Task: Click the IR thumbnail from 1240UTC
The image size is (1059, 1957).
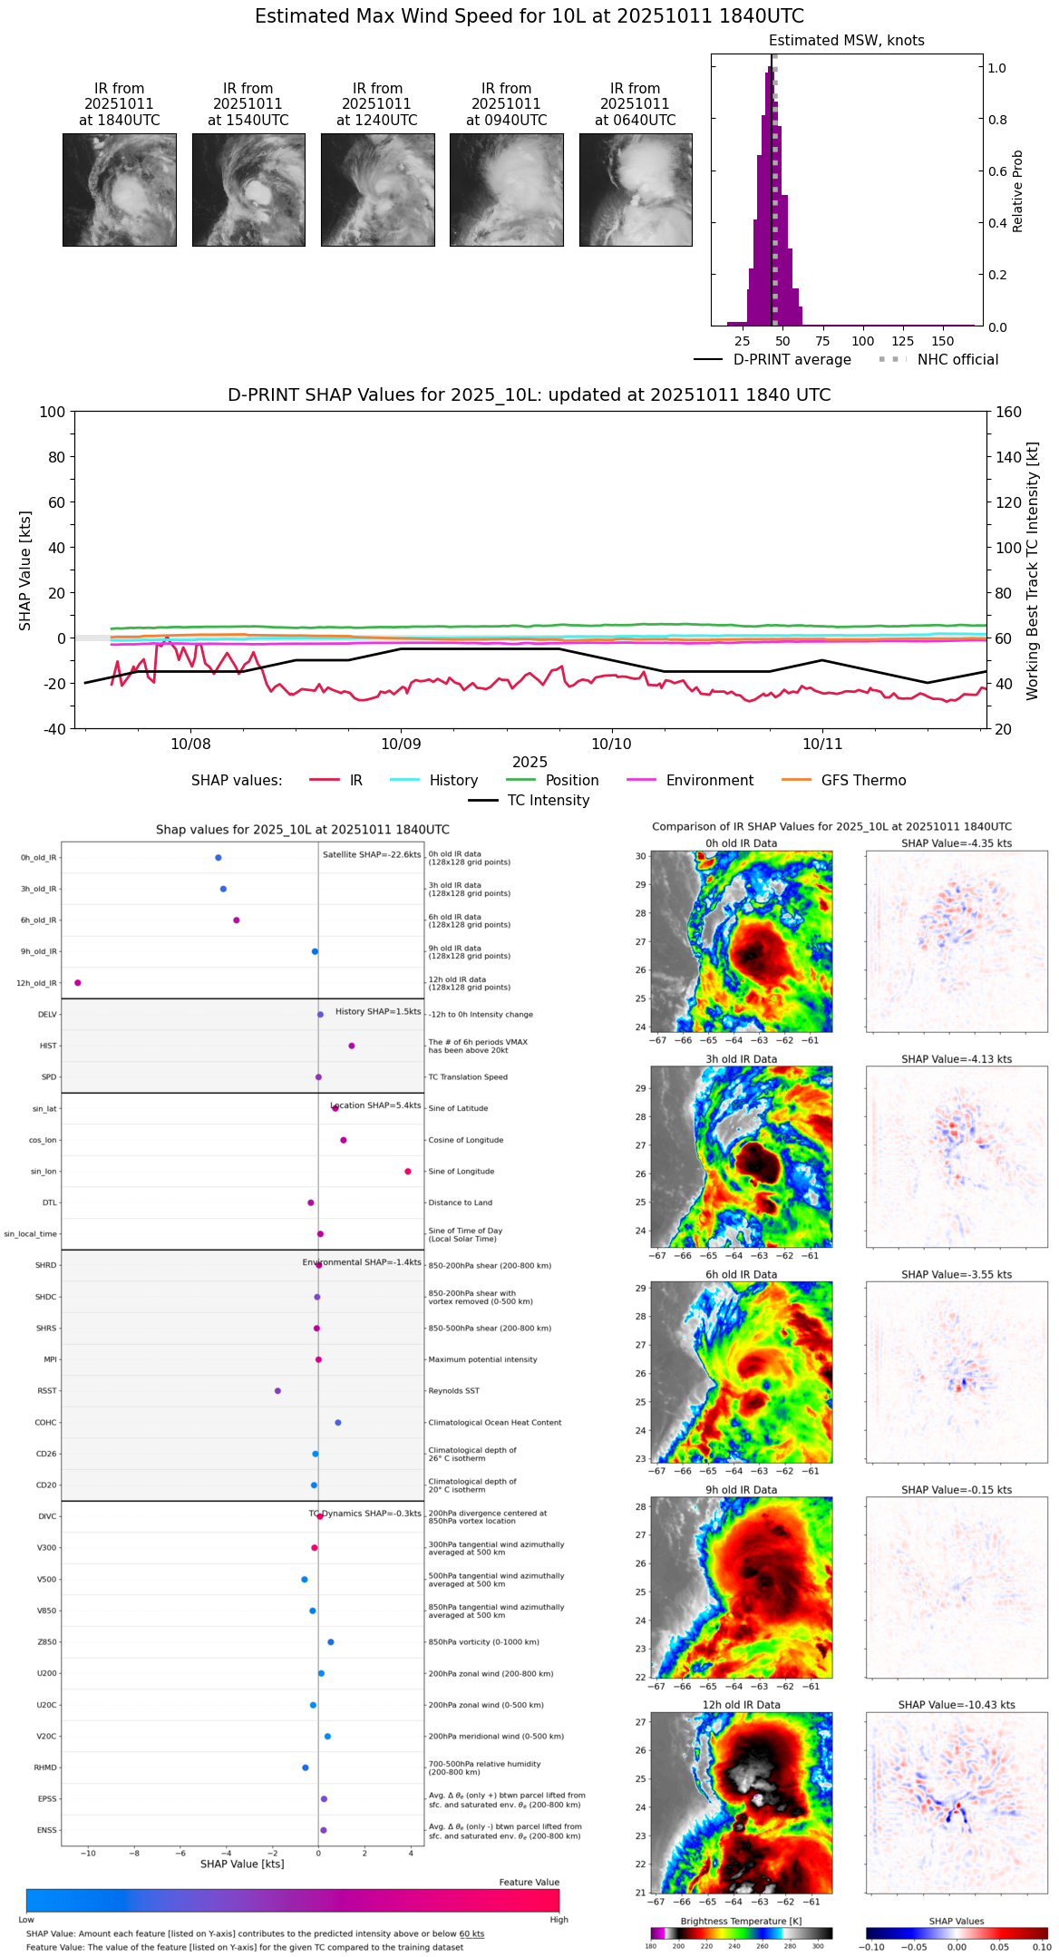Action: tap(377, 190)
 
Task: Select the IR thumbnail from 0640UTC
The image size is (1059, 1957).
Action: tap(636, 190)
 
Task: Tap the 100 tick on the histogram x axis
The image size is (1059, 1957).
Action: tap(862, 341)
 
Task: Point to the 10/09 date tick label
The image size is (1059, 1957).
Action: tap(401, 745)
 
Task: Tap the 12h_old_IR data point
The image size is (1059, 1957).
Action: tap(78, 983)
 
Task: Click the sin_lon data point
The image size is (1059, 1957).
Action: tap(408, 1172)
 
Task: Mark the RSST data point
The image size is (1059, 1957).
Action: tap(277, 1391)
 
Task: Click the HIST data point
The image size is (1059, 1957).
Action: tap(352, 1046)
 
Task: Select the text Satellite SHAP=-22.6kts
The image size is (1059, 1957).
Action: tap(372, 855)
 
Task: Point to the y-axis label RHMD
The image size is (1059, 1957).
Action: tap(45, 1767)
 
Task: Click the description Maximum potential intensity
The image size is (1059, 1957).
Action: tap(482, 1359)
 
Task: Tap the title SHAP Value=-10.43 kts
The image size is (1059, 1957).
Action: tap(957, 1705)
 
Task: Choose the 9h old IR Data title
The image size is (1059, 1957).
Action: tap(741, 1490)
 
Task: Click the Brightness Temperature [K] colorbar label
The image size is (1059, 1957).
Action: tap(741, 1921)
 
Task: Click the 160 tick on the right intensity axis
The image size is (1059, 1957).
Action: tap(1008, 412)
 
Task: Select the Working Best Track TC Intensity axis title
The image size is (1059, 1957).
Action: tap(1033, 571)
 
